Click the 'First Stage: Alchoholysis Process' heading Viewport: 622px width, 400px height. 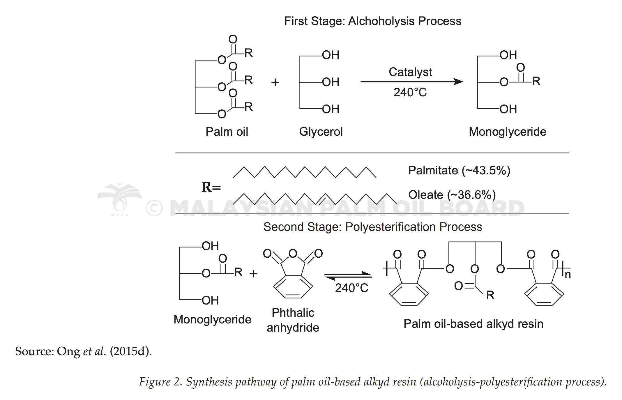pyautogui.click(x=373, y=21)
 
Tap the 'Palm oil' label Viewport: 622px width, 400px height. pyautogui.click(x=227, y=132)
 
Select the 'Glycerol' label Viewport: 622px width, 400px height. pyautogui.click(x=321, y=132)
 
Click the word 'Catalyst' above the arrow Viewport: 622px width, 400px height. pyautogui.click(x=410, y=72)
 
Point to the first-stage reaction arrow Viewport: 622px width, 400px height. pyautogui.click(x=412, y=82)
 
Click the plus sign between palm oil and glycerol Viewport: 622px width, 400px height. pyautogui.click(x=275, y=82)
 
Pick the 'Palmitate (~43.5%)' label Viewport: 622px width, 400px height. pyautogui.click(x=459, y=171)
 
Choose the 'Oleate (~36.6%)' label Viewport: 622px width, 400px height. pyautogui.click(x=452, y=195)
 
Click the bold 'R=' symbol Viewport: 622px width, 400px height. pyautogui.click(x=211, y=187)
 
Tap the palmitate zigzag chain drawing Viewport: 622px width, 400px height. pyautogui.click(x=305, y=172)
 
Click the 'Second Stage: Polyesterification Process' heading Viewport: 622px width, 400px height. pyautogui.click(x=373, y=227)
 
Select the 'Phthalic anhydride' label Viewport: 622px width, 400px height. pyautogui.click(x=293, y=320)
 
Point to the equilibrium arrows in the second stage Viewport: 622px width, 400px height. pyautogui.click(x=348, y=275)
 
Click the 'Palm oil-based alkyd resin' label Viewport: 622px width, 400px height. pyautogui.click(x=473, y=324)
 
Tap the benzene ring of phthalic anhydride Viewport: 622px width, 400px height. pyautogui.click(x=293, y=287)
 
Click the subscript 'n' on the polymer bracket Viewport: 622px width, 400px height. pyautogui.click(x=568, y=275)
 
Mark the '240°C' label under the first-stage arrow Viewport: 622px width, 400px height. pyautogui.click(x=410, y=93)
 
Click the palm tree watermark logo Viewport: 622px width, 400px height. pyautogui.click(x=120, y=200)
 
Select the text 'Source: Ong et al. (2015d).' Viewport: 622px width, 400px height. pyautogui.click(x=84, y=351)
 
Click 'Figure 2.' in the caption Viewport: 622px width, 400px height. pyautogui.click(x=161, y=382)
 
